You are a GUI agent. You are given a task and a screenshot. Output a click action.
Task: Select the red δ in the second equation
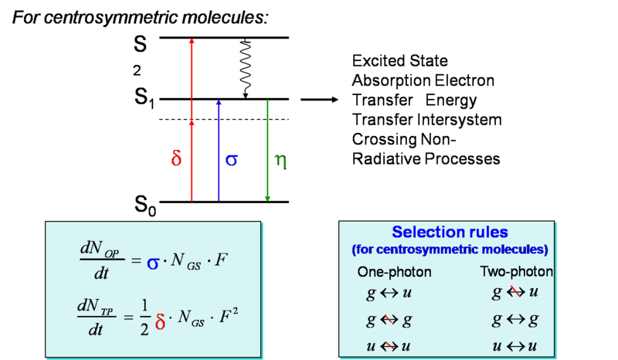[160, 322]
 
